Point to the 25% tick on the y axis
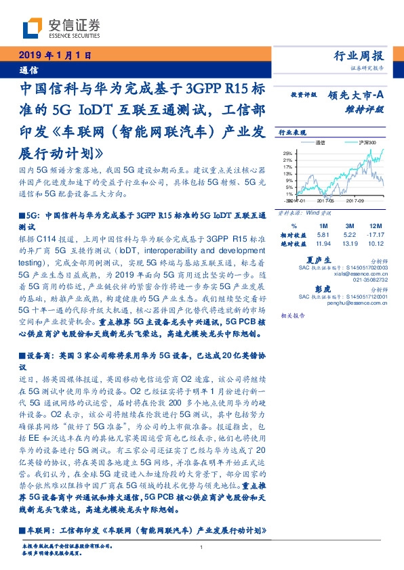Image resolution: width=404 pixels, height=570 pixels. tap(287, 153)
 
